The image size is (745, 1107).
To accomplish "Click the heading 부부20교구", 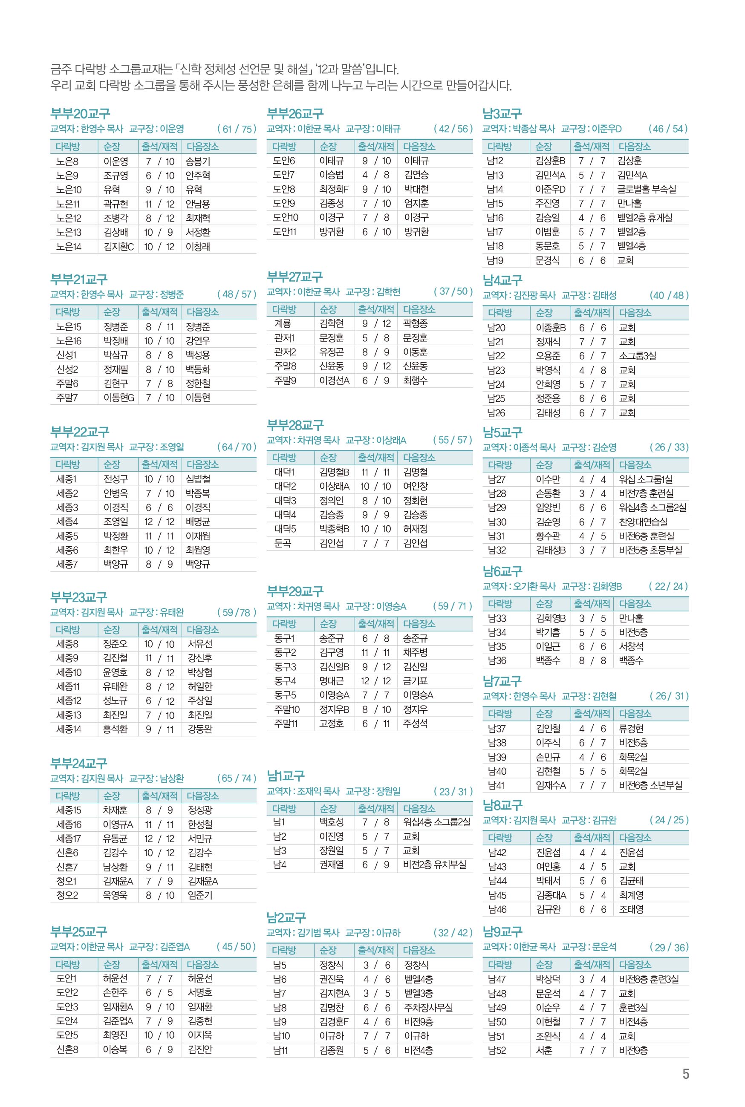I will (80, 114).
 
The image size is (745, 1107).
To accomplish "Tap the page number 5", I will (685, 1074).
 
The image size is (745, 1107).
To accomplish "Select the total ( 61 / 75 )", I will (236, 129).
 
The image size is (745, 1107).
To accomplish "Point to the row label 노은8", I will (67, 161).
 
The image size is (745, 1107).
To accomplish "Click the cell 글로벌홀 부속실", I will (646, 190).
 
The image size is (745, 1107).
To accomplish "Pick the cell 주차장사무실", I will (427, 1007).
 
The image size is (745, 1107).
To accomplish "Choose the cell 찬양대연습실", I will (643, 522).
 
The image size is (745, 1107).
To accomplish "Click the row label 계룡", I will (282, 323).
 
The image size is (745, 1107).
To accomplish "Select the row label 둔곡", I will (282, 543).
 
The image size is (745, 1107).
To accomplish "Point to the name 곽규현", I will (116, 204).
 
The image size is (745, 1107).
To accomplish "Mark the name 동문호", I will (547, 246).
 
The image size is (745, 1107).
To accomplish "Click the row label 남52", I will (497, 1050).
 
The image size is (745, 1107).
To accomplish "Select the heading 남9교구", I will (502, 932).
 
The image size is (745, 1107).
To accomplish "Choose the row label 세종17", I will (69, 839).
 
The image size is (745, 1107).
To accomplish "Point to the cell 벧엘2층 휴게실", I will (645, 218).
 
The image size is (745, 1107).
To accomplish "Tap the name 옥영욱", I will (115, 896).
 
